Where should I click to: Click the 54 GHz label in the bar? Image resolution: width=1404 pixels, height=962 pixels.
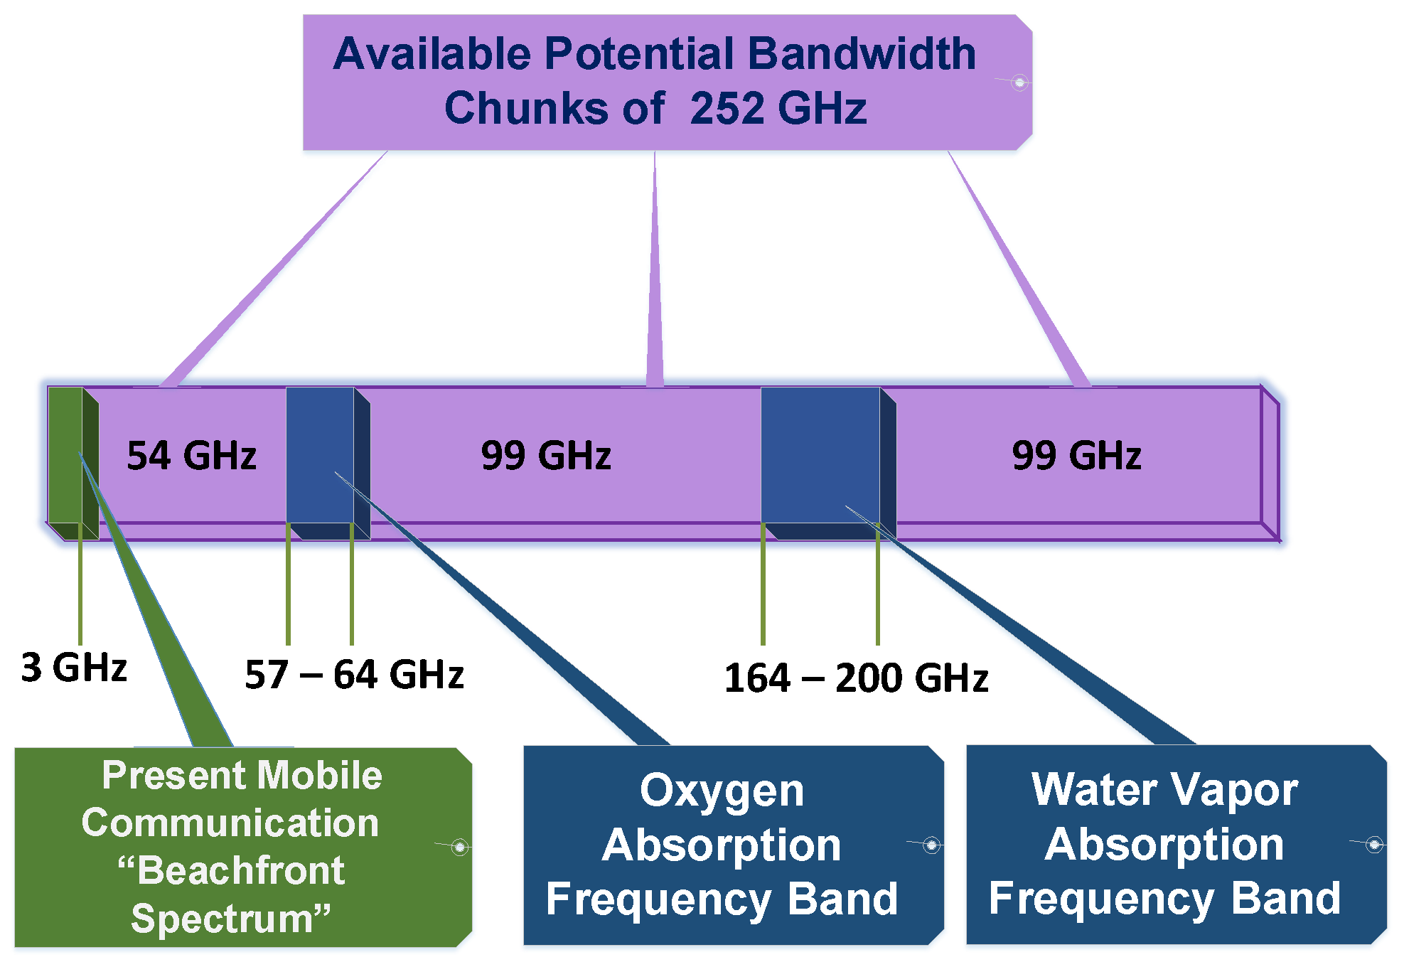tap(191, 456)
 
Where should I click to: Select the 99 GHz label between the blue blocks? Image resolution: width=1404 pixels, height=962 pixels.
tap(546, 456)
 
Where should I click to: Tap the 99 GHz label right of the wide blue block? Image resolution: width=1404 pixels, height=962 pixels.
tap(1076, 456)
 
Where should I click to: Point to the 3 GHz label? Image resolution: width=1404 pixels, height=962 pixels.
tap(74, 668)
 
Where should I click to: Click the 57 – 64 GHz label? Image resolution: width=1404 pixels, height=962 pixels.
tap(354, 675)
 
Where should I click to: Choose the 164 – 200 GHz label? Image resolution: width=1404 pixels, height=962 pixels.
tap(856, 678)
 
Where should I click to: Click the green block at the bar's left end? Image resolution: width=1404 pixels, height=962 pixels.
tap(65, 455)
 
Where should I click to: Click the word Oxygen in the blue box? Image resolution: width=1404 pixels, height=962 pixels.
tap(722, 791)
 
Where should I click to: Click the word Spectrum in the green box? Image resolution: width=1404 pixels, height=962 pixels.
tap(222, 919)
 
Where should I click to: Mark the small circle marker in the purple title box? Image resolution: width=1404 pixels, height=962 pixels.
tap(1019, 82)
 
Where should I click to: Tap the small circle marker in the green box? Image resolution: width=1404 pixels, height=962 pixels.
tap(460, 847)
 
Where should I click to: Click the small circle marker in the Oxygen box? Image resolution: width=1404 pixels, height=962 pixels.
tap(931, 845)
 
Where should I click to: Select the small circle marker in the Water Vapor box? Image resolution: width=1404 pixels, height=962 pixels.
tap(1374, 845)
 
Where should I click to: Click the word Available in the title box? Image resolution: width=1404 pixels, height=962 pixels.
tap(432, 54)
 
